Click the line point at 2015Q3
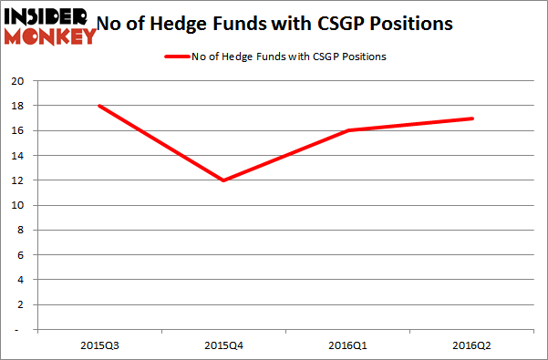pyautogui.click(x=98, y=106)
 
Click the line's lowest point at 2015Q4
pyautogui.click(x=222, y=180)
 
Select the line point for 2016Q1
pyautogui.click(x=347, y=130)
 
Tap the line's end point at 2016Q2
pyautogui.click(x=472, y=118)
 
